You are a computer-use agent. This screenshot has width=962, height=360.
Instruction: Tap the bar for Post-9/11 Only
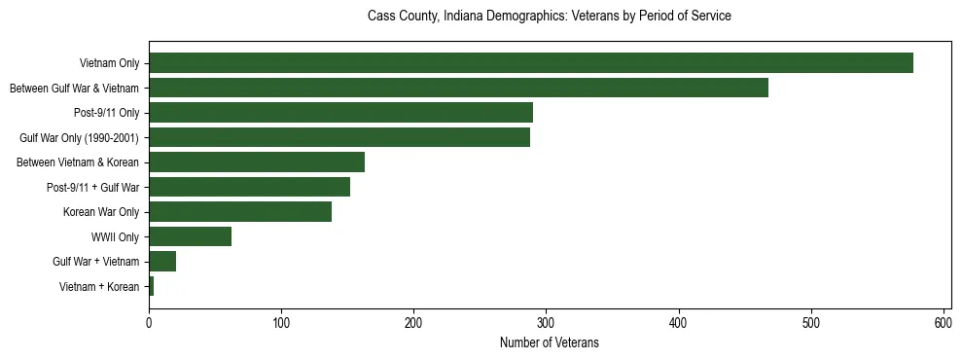tap(340, 113)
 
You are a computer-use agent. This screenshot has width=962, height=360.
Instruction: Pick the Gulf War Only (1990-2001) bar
tap(339, 137)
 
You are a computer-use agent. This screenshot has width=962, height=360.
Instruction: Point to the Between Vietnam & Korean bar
tap(257, 162)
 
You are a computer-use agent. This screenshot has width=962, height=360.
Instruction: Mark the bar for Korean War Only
tap(240, 212)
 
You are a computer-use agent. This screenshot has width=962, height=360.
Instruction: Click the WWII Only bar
tap(190, 236)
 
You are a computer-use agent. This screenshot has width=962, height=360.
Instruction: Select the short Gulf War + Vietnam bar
tap(162, 262)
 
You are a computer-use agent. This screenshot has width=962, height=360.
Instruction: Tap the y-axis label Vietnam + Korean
tap(99, 287)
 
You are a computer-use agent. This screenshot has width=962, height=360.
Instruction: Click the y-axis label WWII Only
tap(115, 237)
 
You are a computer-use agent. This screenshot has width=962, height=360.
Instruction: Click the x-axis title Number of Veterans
tap(550, 342)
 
